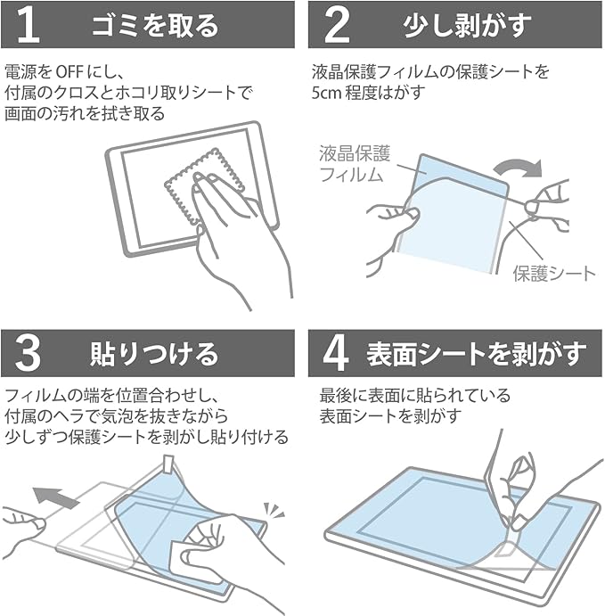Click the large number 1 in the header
pos(29,25)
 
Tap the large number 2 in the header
pos(337,25)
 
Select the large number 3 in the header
pos(28,354)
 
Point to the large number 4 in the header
pos(336,354)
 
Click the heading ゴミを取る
pos(155,26)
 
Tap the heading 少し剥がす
pos(467,26)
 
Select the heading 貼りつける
pos(154,354)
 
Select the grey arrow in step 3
pos(55,496)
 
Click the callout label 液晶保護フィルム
pos(354,164)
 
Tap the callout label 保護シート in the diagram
pos(554,274)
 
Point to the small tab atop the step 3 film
pos(169,464)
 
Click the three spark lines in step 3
pos(274,510)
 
